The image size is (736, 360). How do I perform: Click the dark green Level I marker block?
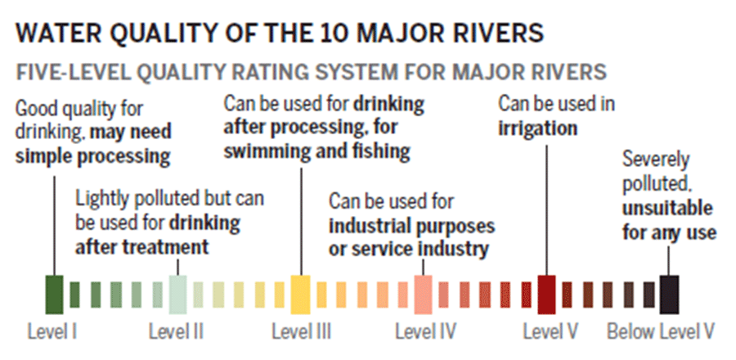point(54,295)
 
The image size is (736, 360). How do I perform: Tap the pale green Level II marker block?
point(177,295)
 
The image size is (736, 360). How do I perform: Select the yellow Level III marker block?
point(301,295)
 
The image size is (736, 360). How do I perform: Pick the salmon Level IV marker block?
point(424,295)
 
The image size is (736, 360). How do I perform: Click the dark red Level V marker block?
point(547,295)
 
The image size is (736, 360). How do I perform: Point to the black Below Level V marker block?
point(670,295)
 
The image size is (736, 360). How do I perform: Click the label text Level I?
point(52,332)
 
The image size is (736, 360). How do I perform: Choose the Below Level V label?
point(661,332)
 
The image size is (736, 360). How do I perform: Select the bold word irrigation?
point(539,128)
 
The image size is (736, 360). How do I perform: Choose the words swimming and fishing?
point(317,152)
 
